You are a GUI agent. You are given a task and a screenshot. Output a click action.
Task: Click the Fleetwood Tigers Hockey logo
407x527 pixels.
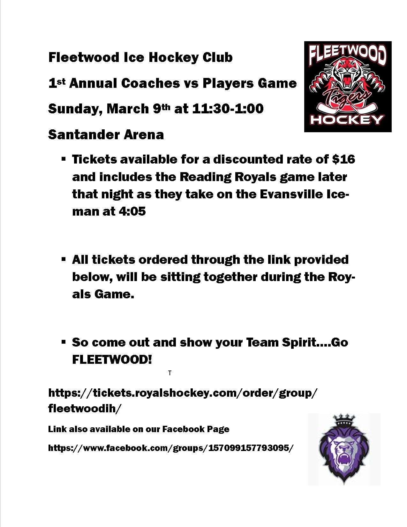click(x=348, y=86)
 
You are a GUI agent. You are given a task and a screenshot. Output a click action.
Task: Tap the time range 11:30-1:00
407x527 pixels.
click(x=228, y=109)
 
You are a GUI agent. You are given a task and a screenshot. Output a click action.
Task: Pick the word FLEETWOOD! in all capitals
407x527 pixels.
click(x=112, y=360)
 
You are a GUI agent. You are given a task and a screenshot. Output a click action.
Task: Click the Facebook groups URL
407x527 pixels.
click(x=170, y=448)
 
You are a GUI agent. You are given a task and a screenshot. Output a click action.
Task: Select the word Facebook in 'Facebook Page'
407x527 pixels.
click(x=181, y=429)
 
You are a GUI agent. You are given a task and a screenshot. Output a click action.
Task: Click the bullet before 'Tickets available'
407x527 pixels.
click(x=64, y=158)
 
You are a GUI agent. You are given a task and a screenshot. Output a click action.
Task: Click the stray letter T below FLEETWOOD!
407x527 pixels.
click(x=170, y=373)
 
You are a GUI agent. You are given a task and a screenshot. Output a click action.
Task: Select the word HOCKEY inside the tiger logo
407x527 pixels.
click(x=347, y=120)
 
